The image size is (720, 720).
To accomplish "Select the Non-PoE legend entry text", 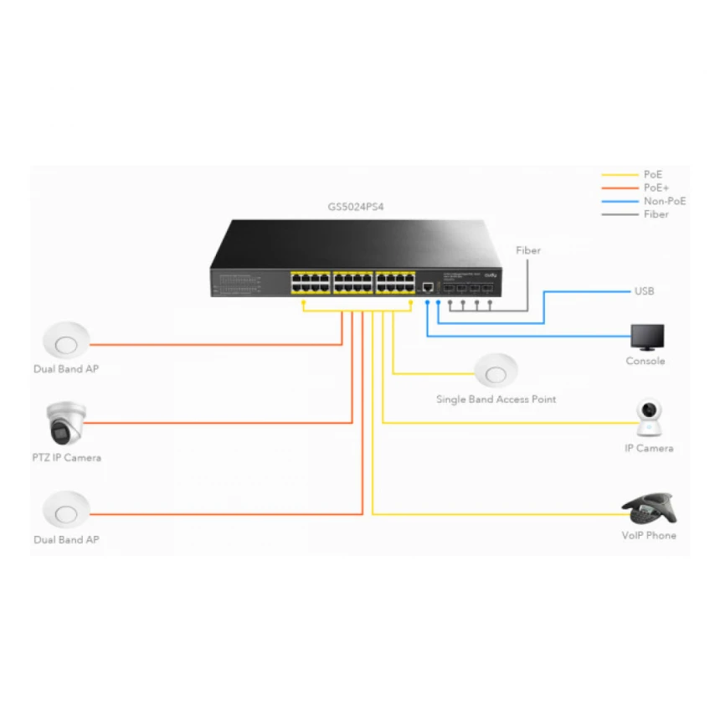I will tap(665, 201).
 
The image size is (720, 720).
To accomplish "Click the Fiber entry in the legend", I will tap(656, 214).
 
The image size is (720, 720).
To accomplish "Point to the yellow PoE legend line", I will tap(620, 175).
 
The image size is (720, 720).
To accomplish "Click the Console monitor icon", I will tap(647, 337).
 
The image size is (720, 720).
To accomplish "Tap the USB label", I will tap(644, 291).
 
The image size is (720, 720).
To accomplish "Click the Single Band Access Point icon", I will tap(496, 371).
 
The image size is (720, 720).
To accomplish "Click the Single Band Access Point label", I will tap(496, 399).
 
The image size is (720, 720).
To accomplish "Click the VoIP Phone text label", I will tap(649, 535).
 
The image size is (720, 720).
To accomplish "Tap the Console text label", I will tap(645, 362).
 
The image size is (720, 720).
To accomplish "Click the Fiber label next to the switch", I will tap(528, 250).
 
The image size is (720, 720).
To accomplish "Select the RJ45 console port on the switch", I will tap(428, 286).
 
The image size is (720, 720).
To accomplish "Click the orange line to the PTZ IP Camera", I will tap(218, 423).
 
